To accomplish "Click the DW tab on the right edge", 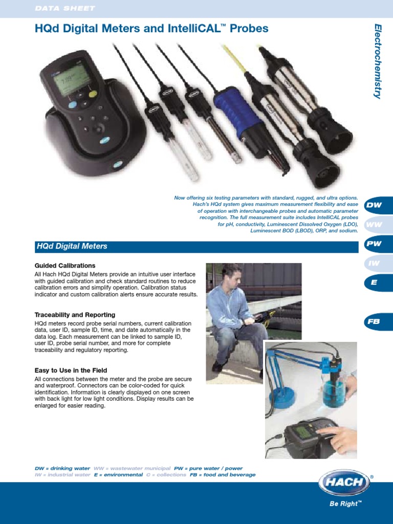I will pyautogui.click(x=376, y=205).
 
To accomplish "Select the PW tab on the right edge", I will pyautogui.click(x=376, y=244).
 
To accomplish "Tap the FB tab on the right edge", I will pyautogui.click(x=376, y=322).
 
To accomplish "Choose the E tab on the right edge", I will pyautogui.click(x=376, y=282).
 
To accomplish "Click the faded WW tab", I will pyautogui.click(x=376, y=225).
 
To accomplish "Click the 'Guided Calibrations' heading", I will pyautogui.click(x=65, y=266).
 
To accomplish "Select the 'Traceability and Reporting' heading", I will pyautogui.click(x=75, y=315).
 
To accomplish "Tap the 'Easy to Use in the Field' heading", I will pyautogui.click(x=71, y=370).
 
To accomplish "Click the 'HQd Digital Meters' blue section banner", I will pyautogui.click(x=194, y=246).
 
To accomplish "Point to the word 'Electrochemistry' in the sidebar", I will pyautogui.click(x=378, y=61).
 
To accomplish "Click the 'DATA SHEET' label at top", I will pyautogui.click(x=64, y=9).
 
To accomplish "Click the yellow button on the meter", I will pyautogui.click(x=93, y=94).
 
